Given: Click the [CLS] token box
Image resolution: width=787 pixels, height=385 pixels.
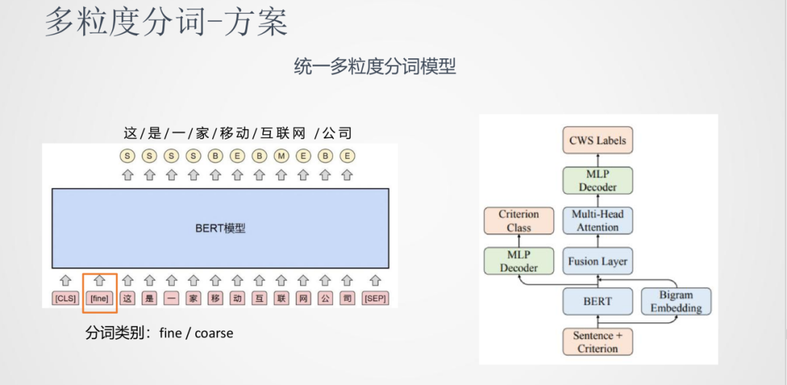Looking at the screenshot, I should [x=65, y=298].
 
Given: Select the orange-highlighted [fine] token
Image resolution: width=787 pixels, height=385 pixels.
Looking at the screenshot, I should [x=99, y=298].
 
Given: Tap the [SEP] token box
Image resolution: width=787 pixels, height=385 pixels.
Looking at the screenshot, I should [x=375, y=298].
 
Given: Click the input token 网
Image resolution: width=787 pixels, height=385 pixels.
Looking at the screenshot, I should [x=303, y=298].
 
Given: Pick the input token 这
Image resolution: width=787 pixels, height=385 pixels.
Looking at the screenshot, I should [x=128, y=298].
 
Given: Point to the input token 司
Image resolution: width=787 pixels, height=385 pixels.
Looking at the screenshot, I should [x=347, y=298].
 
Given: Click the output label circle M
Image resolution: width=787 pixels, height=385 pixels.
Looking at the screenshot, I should [x=281, y=155].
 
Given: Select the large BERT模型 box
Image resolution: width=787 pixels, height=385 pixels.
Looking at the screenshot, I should [x=220, y=228].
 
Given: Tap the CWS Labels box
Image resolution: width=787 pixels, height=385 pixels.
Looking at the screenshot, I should [x=598, y=140].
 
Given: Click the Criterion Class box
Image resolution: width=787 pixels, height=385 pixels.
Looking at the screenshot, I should [x=519, y=221].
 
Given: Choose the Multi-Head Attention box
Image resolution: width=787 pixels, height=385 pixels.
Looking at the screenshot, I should [x=598, y=221].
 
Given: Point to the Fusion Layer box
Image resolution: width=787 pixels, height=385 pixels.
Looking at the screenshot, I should [x=598, y=261].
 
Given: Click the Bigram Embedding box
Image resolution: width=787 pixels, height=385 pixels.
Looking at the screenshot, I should [x=676, y=301].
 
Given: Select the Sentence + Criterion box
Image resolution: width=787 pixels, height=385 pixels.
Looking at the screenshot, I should [x=598, y=342].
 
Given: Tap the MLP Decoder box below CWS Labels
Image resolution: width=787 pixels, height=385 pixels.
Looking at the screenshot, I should [x=598, y=180].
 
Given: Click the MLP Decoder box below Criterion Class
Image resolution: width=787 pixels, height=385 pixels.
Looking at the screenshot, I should [x=519, y=261].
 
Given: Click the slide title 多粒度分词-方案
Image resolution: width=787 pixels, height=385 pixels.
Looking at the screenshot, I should [x=166, y=23].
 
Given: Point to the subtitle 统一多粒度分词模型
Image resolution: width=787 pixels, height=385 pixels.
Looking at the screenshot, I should [x=375, y=66].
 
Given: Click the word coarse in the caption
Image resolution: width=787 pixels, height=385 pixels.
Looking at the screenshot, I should [x=214, y=333].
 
